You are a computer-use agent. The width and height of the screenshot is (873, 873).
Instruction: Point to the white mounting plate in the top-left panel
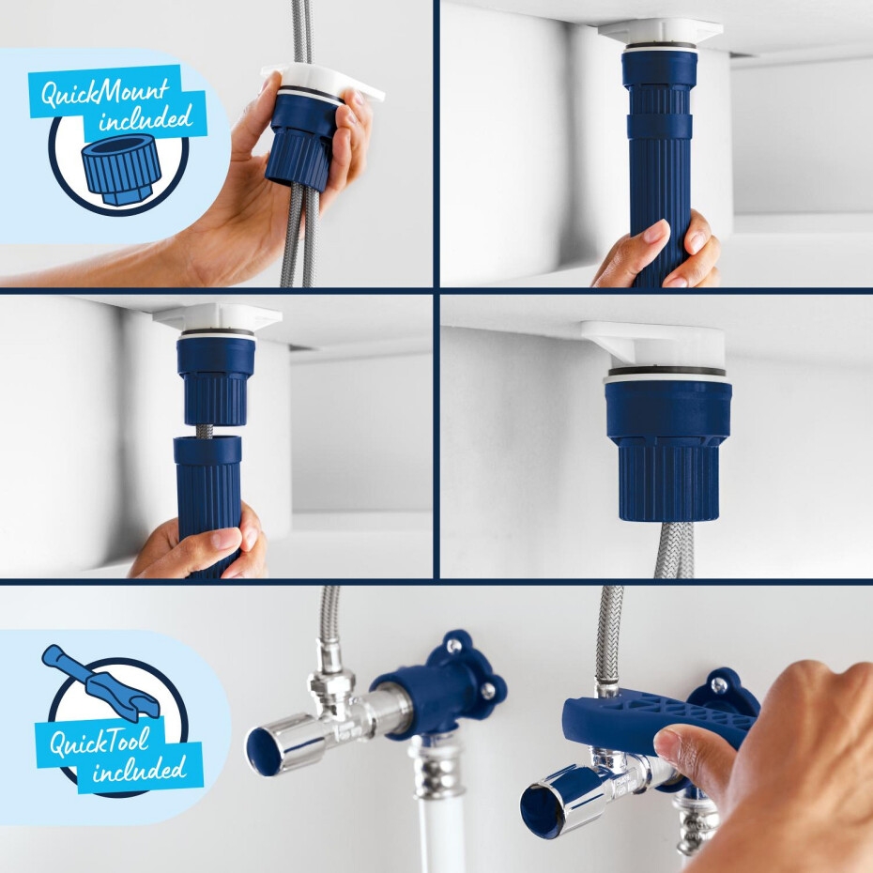pyautogui.click(x=324, y=83)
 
